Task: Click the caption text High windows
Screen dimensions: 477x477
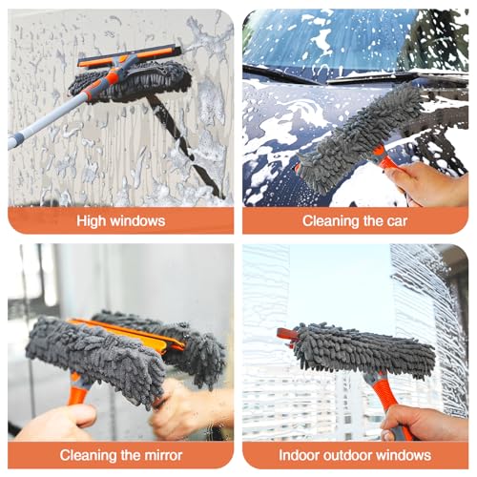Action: pos(121,221)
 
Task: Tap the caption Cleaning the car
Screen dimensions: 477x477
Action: pos(355,221)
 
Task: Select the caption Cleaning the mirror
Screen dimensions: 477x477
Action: pos(121,455)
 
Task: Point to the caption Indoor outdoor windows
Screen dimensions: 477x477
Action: pos(355,455)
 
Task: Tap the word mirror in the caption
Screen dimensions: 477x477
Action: pos(160,455)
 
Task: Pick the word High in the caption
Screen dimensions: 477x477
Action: pos(93,221)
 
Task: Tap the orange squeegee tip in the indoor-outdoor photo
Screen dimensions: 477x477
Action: pos(283,333)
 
